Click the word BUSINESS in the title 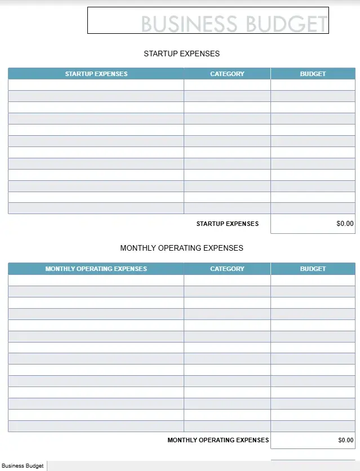(189, 24)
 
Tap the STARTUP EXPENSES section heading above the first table (181, 54)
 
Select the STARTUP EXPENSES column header (96, 74)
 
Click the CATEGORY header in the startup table (227, 74)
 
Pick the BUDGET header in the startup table (313, 74)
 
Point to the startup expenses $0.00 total (345, 224)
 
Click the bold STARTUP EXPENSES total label (227, 224)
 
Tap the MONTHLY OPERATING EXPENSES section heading (181, 248)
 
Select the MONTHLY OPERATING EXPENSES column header (96, 269)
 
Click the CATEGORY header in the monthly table (227, 269)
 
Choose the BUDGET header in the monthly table (313, 269)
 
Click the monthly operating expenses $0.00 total (345, 440)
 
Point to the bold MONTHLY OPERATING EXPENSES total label (218, 440)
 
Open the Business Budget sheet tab (23, 466)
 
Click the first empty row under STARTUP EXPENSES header (96, 85)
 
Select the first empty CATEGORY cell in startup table (227, 85)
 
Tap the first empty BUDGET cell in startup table (313, 85)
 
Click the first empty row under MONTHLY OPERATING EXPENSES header (96, 280)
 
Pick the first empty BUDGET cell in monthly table (313, 280)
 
